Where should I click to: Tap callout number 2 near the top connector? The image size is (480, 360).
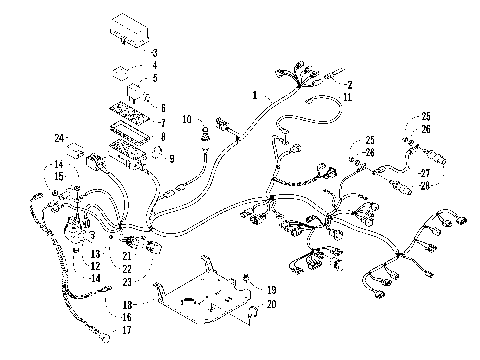[x=349, y=86]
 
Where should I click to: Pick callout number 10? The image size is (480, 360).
[x=186, y=120]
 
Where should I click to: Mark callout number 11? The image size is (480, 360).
[x=347, y=97]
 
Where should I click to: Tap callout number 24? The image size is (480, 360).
[x=60, y=137]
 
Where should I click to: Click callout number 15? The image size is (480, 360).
[x=59, y=176]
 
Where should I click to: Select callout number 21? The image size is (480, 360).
[x=127, y=256]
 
